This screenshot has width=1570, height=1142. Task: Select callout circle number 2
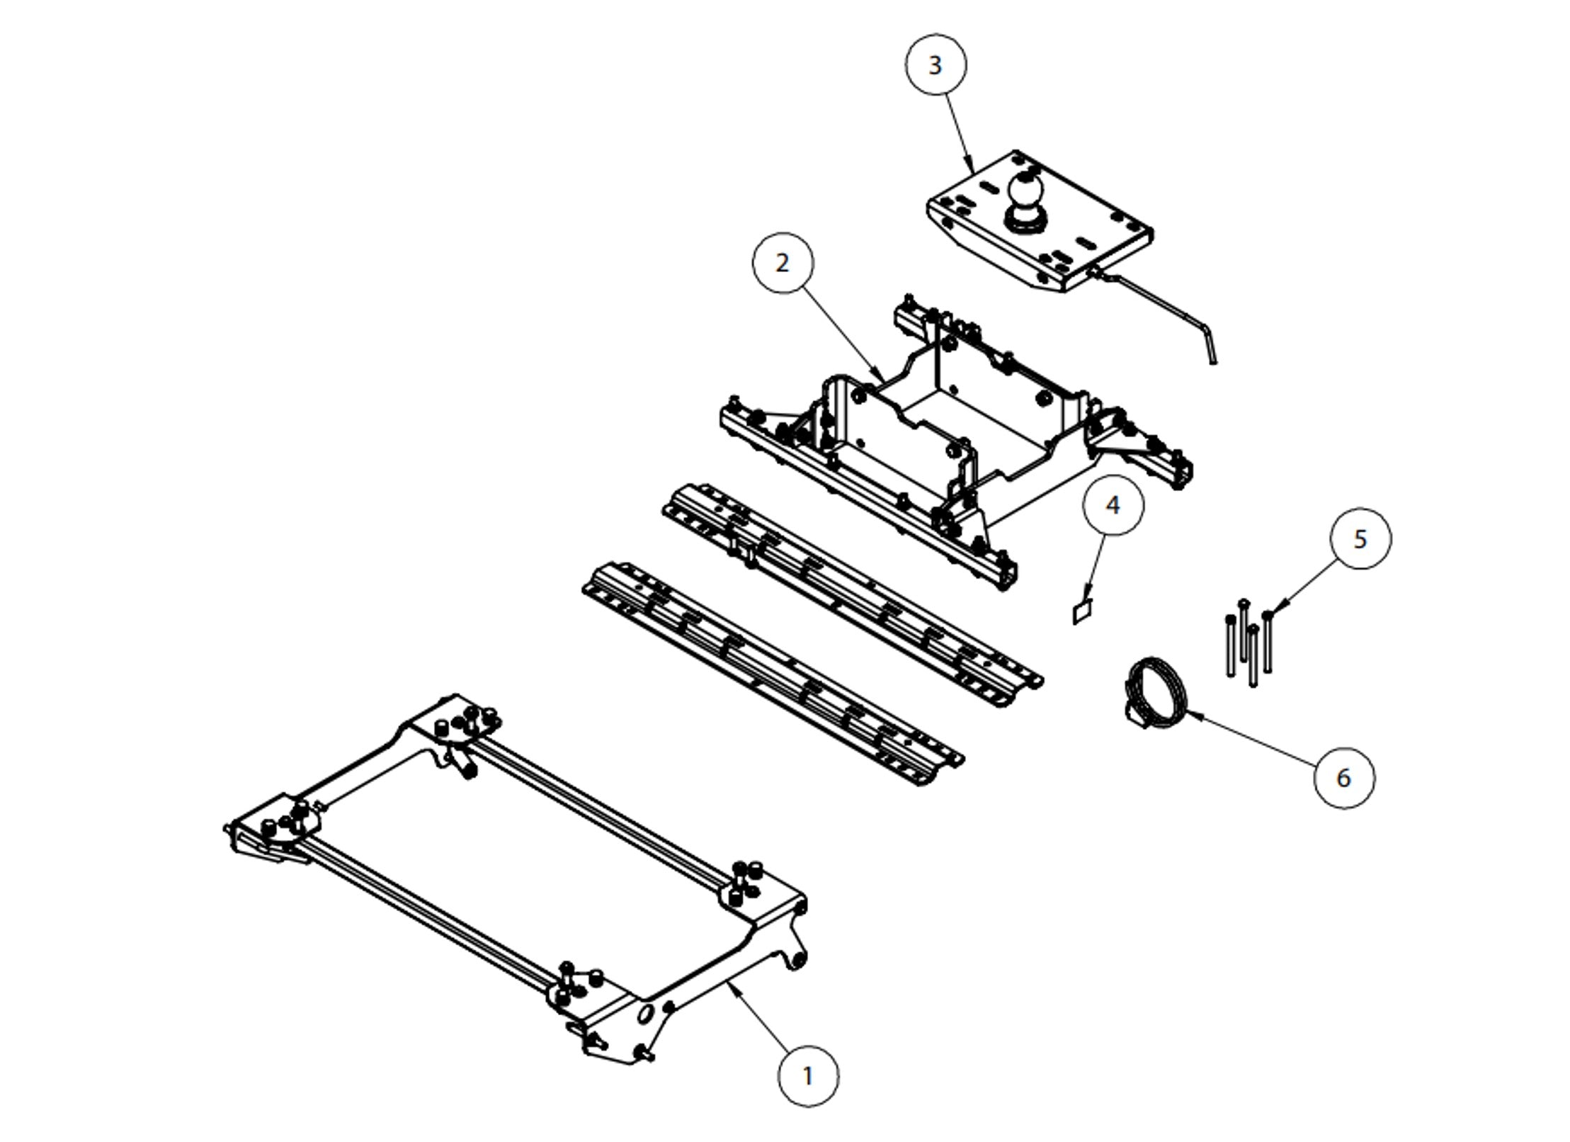coord(782,263)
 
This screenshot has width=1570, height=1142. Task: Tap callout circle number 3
coord(935,65)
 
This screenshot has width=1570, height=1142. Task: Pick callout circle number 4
coord(1113,506)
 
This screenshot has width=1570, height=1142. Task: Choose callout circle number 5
coord(1360,538)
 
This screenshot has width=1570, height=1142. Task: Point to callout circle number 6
coord(1343,777)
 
